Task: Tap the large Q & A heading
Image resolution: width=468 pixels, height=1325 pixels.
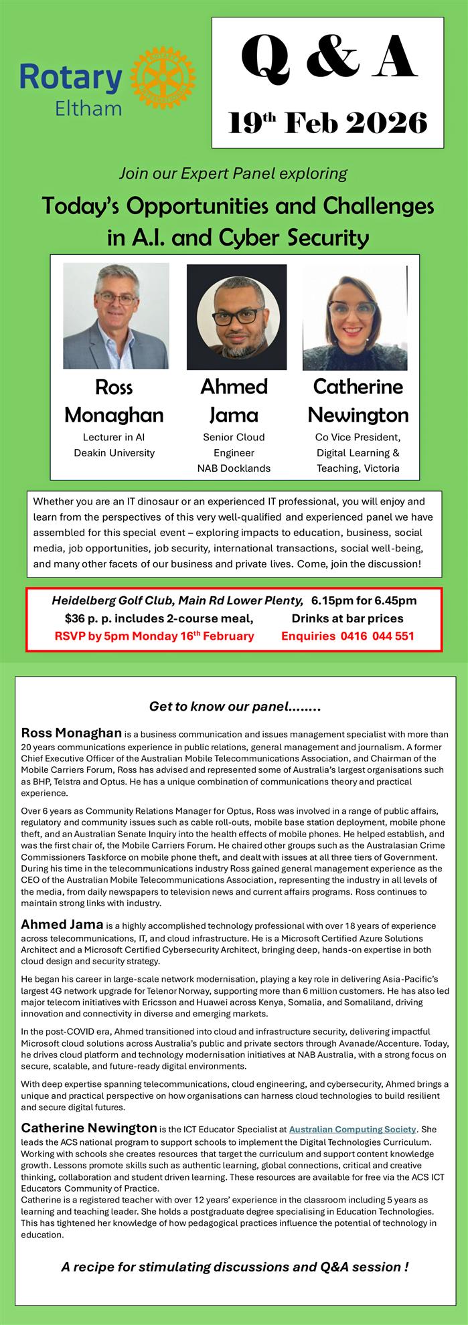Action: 328,58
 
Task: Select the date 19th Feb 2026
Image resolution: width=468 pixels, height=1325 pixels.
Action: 328,123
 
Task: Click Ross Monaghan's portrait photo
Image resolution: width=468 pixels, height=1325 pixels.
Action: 116,316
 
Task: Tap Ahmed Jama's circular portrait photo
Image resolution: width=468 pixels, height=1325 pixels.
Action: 236,316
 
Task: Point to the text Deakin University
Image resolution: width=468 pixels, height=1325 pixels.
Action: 114,452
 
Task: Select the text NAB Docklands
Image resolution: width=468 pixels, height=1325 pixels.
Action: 234,468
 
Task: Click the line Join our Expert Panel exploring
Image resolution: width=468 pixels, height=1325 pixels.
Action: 233,174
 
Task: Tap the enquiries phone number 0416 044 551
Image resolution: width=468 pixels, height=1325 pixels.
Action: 372,636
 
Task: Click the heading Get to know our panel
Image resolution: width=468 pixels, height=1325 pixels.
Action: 235,706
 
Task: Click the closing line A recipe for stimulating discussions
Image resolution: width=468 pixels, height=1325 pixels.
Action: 234,1266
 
